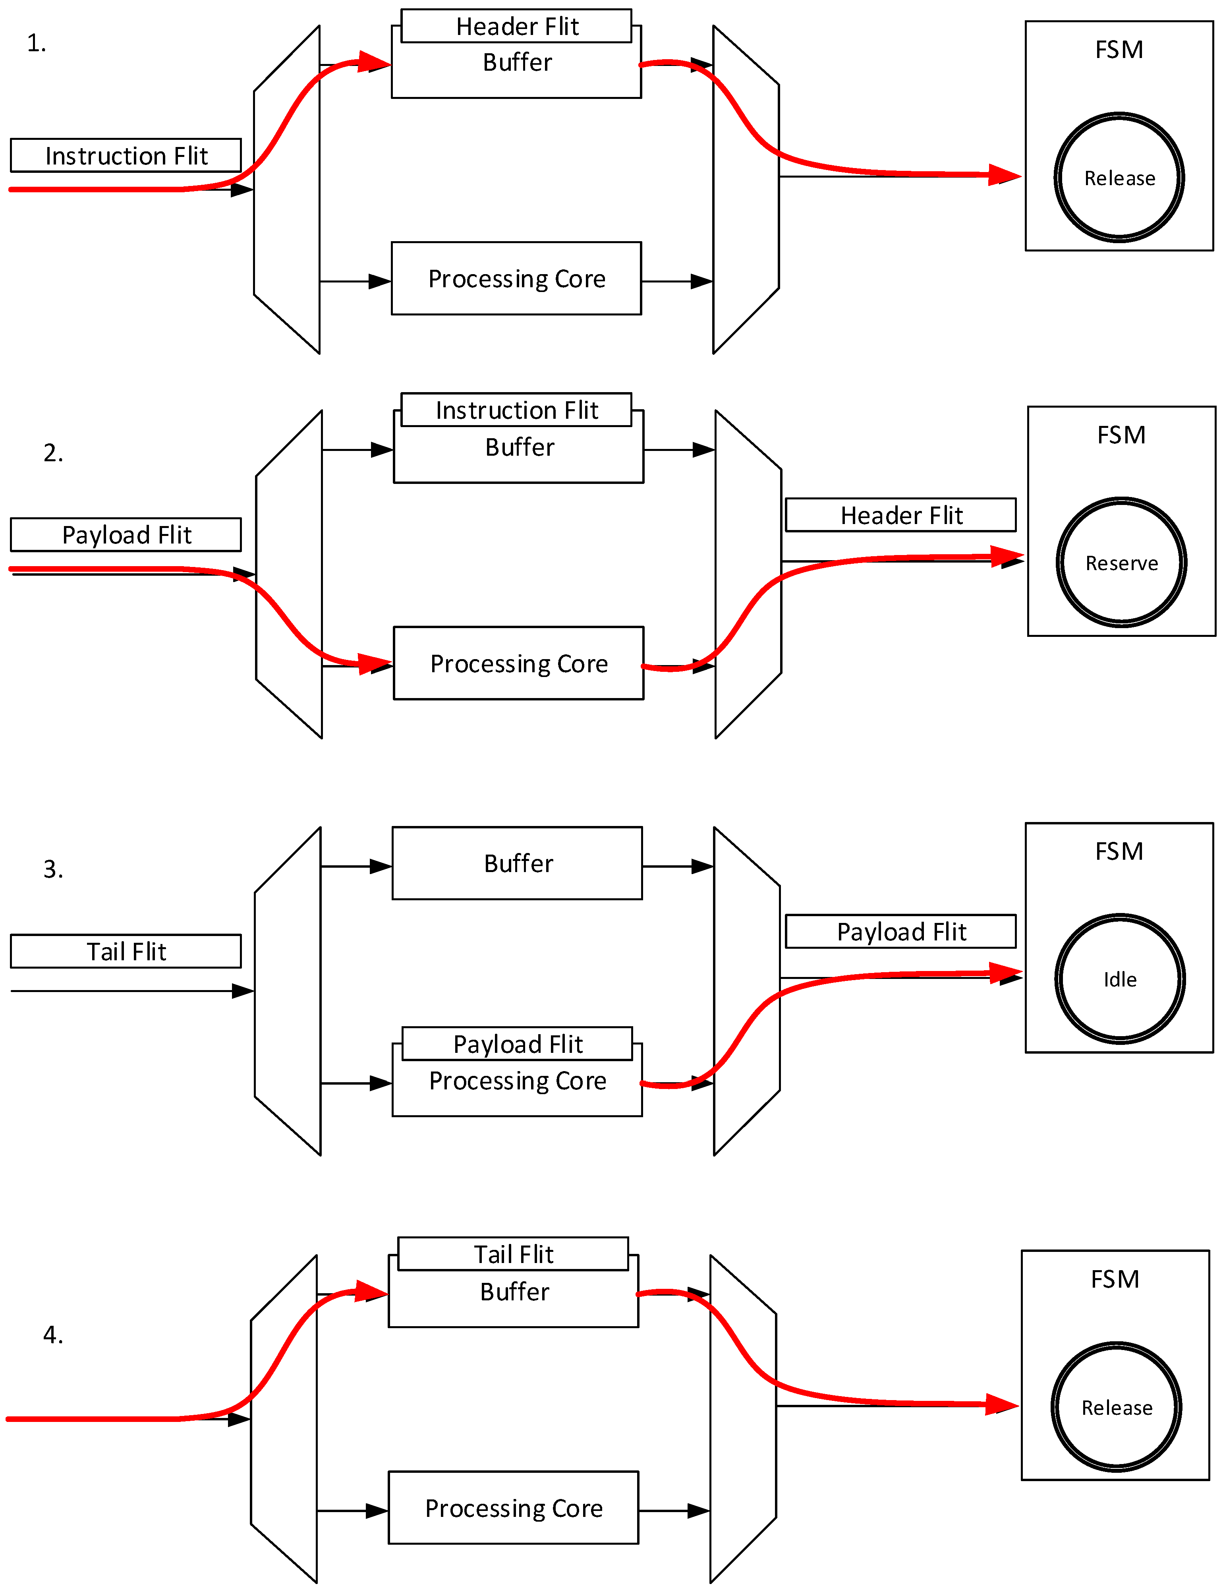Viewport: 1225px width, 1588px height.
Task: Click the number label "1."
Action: [37, 44]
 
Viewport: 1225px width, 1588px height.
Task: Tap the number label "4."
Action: [53, 1335]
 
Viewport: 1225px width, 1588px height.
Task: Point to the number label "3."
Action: [53, 869]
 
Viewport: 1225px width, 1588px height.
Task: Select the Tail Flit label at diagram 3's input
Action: [126, 951]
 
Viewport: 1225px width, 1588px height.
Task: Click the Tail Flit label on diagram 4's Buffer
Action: [513, 1254]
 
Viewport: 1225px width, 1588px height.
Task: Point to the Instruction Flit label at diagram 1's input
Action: [126, 156]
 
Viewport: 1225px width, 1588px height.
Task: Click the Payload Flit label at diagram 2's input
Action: [126, 534]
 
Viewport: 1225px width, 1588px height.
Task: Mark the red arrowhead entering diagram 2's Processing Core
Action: [375, 664]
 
